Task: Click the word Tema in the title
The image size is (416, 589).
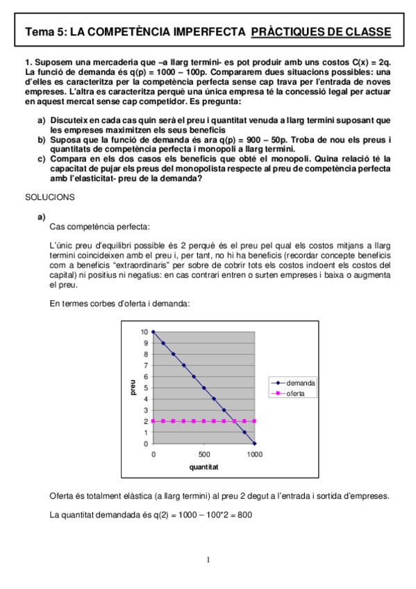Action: click(38, 32)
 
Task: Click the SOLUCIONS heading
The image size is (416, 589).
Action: click(49, 197)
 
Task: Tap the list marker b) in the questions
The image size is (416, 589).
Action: click(41, 139)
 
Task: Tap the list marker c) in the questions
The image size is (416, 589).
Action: click(41, 158)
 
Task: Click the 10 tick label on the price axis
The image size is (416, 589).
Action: click(144, 332)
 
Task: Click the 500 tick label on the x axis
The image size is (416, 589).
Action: click(204, 454)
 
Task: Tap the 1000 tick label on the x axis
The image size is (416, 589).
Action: click(255, 454)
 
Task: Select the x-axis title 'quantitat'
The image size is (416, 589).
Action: click(204, 467)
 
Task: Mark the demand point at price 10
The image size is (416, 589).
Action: click(153, 332)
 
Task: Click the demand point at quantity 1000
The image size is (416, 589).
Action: click(255, 443)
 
